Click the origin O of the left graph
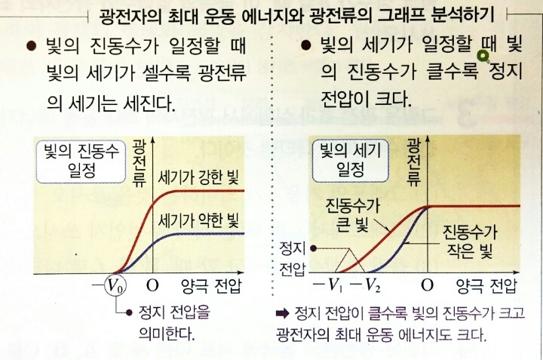tap(153, 287)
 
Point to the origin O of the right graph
tap(428, 287)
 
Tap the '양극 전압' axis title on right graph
tap(486, 287)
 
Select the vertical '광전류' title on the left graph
tap(139, 162)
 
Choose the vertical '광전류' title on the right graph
tap(413, 162)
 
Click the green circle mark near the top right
tap(484, 53)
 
